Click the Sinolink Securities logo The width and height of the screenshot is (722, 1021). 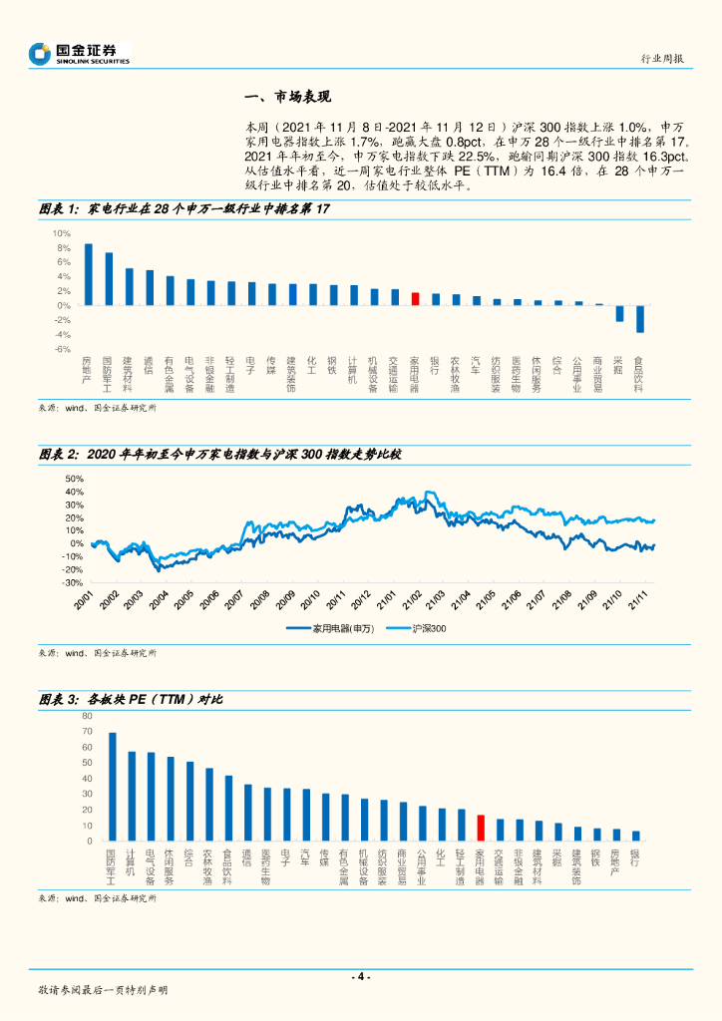pyautogui.click(x=80, y=53)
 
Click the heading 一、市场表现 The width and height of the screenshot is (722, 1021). pyautogui.click(x=287, y=97)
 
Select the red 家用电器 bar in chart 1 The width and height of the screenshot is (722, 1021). pyautogui.click(x=416, y=298)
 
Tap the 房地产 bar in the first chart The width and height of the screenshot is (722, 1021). pyautogui.click(x=89, y=274)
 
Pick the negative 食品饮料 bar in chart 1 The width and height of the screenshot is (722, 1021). pyautogui.click(x=640, y=318)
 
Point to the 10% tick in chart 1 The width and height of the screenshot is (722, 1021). pyautogui.click(x=62, y=232)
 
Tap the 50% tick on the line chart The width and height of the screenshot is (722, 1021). pyautogui.click(x=74, y=479)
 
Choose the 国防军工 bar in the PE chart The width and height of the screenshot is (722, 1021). pyautogui.click(x=112, y=788)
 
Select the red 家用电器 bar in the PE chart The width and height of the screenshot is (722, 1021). pyautogui.click(x=481, y=829)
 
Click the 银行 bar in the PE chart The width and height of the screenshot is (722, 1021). pyautogui.click(x=636, y=837)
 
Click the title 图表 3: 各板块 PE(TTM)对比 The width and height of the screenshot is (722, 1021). pyautogui.click(x=130, y=699)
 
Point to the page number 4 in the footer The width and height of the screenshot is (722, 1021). pyautogui.click(x=361, y=976)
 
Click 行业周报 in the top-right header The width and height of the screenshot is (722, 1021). pyautogui.click(x=662, y=59)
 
